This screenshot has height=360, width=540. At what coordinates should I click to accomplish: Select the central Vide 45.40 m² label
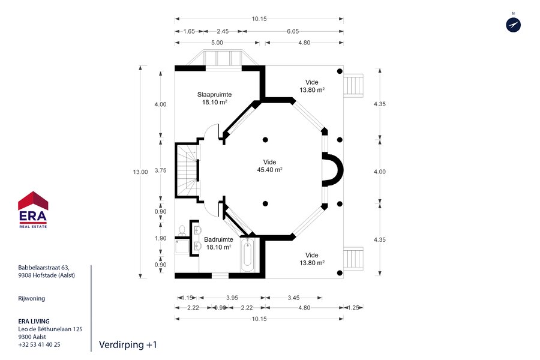[269, 166]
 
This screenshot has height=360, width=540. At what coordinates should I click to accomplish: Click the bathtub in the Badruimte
[247, 255]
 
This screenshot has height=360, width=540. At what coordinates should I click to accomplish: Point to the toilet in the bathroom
[182, 230]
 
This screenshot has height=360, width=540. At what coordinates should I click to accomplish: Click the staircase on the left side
[188, 170]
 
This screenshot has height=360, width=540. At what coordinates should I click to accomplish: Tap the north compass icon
[513, 25]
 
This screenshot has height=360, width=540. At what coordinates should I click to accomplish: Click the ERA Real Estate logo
[33, 209]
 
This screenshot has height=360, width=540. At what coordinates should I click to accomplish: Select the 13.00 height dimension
[140, 172]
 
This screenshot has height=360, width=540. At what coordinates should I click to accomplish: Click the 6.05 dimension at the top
[293, 31]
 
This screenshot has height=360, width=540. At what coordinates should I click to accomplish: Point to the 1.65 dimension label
[189, 31]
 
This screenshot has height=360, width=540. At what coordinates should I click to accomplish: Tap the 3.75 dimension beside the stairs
[160, 170]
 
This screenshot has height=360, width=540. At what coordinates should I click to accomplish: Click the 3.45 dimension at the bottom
[293, 298]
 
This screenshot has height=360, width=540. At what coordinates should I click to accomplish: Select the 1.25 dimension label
[353, 308]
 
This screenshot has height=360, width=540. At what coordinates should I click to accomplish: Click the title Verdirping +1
[128, 344]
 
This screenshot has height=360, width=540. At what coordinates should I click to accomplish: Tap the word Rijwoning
[31, 298]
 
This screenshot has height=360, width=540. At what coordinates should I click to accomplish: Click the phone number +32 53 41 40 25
[39, 344]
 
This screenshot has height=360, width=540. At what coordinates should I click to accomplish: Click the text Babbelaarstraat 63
[44, 268]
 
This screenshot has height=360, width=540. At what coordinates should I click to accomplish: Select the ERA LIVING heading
[34, 321]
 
